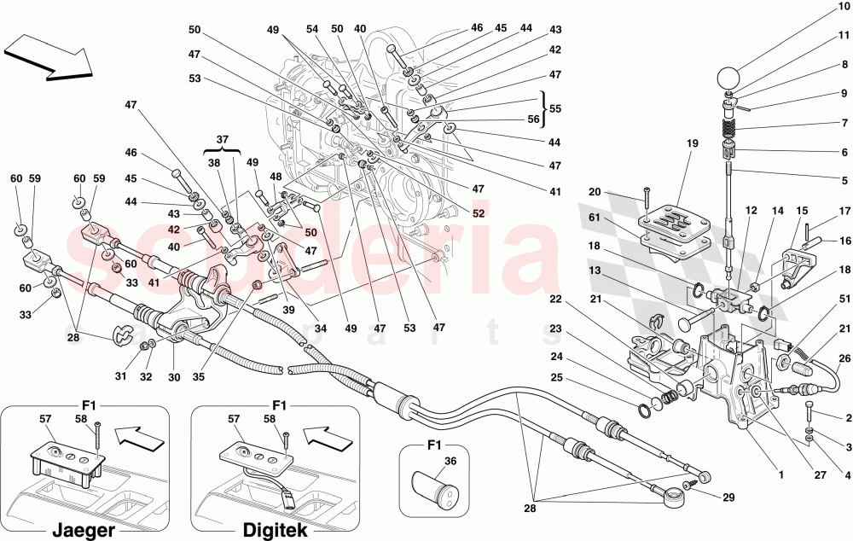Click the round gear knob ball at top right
point(728,78)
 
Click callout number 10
point(844,7)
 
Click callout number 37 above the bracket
point(222,139)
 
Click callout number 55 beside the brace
point(554,110)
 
